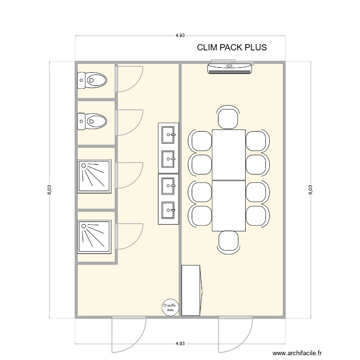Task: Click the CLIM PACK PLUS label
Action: (x=232, y=48)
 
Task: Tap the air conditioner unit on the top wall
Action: (x=230, y=68)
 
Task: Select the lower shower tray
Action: (x=95, y=237)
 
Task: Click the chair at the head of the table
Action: (x=228, y=118)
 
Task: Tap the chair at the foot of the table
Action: (x=228, y=241)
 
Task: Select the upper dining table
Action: (x=228, y=155)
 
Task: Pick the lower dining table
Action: (x=228, y=205)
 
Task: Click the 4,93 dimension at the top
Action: (x=180, y=36)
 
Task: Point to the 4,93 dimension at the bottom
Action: (x=180, y=344)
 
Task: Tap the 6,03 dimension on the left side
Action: (x=49, y=190)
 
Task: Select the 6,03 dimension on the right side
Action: (x=311, y=190)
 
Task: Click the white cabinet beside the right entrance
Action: (x=191, y=290)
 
